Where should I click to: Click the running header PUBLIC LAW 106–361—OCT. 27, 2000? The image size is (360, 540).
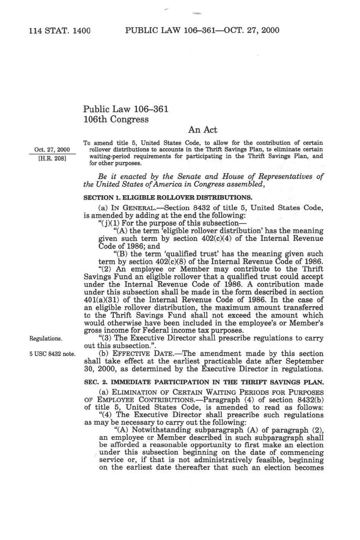click(202, 30)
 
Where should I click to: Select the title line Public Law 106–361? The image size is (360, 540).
click(126, 109)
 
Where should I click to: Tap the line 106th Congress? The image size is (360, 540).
click(116, 119)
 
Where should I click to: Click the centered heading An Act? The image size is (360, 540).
click(203, 130)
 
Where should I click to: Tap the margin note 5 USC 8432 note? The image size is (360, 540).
click(52, 354)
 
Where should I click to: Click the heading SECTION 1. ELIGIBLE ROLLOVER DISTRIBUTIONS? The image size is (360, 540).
click(168, 198)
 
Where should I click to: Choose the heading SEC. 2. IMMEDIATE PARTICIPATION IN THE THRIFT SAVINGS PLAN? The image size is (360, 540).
click(204, 382)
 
